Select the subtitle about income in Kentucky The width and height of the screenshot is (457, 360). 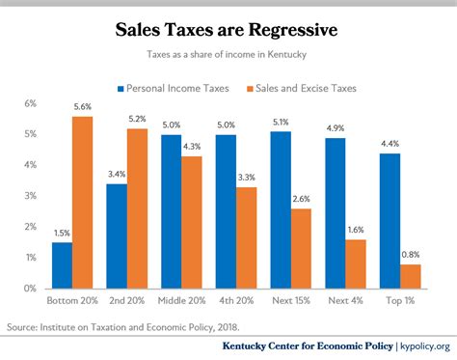tap(228, 57)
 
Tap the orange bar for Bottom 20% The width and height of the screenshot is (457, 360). tap(83, 202)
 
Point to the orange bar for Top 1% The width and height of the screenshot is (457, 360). tap(412, 276)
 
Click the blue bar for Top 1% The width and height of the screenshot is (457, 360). tap(390, 220)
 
